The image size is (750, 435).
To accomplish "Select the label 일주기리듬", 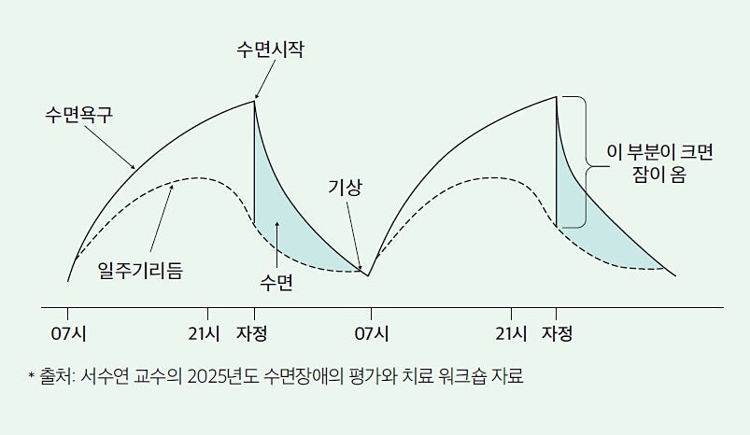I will (140, 271).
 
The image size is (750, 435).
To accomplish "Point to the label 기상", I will (345, 187).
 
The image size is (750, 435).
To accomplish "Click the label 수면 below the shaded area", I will (277, 283).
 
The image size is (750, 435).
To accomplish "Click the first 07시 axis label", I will (68, 332).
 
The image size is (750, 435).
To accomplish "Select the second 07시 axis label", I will (371, 332).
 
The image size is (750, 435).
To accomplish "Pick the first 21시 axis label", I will (205, 332).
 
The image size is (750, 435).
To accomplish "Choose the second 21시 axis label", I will (511, 332).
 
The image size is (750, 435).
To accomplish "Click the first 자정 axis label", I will (253, 332).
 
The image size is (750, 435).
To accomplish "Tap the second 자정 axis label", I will (557, 332).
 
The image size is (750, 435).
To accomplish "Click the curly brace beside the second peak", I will (585, 163).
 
